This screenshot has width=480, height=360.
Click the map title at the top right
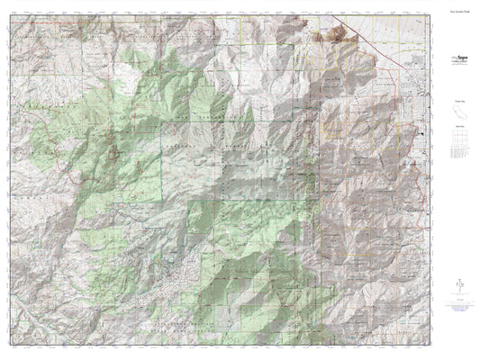(457, 13)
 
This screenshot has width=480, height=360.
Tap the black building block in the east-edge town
(421, 134)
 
